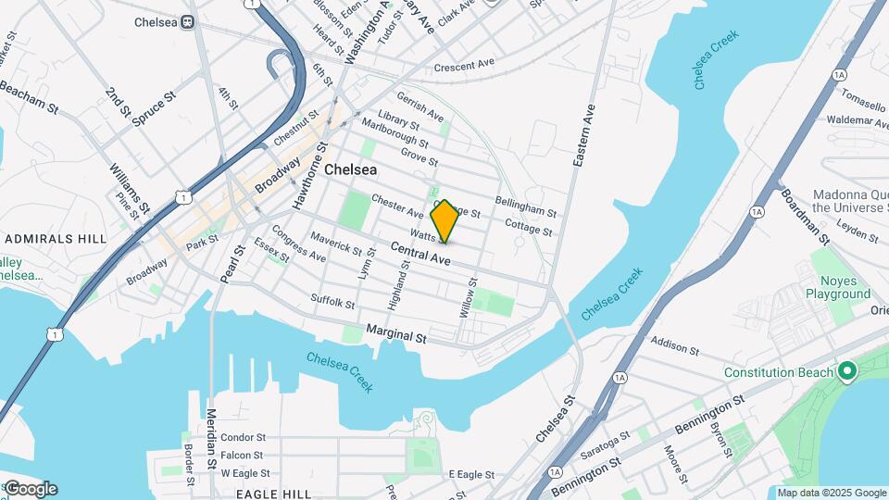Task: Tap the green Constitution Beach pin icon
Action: click(846, 373)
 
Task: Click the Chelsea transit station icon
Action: click(188, 21)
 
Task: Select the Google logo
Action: click(30, 488)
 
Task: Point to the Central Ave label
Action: click(420, 255)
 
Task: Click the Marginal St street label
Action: click(395, 334)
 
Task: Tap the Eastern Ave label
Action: click(583, 135)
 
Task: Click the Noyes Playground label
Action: click(844, 287)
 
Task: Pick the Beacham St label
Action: click(30, 96)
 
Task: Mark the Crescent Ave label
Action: click(466, 66)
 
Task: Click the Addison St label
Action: click(675, 346)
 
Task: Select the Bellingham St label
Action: click(525, 206)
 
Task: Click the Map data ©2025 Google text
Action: click(831, 494)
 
